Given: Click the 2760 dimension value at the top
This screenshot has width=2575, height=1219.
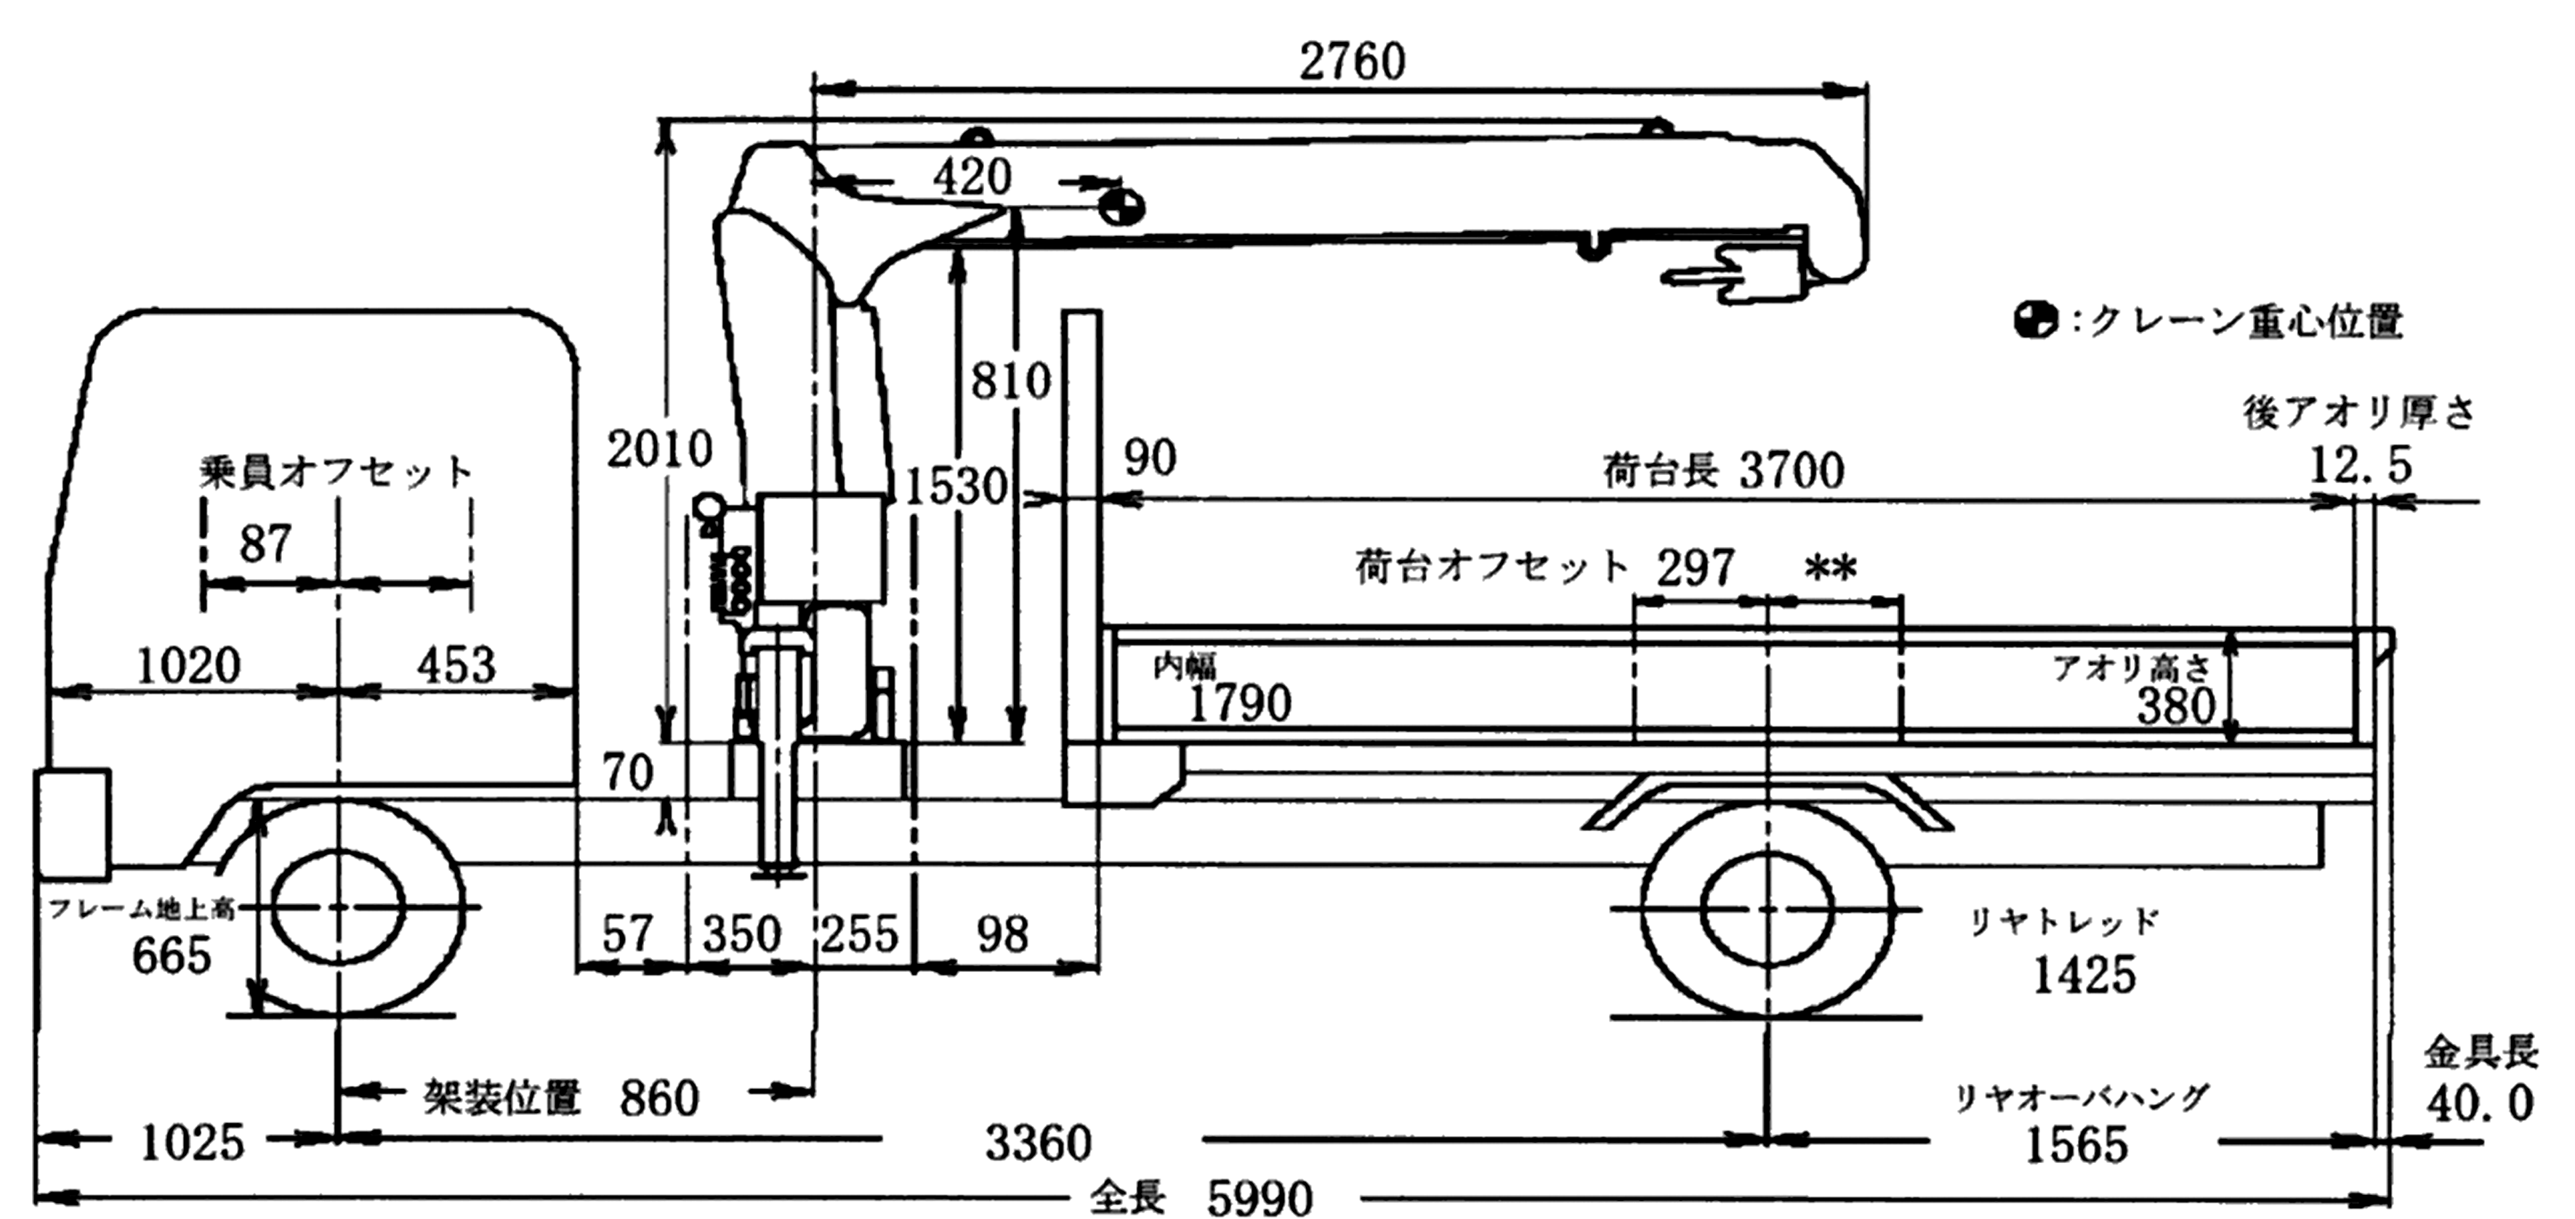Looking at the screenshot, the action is click(x=1353, y=62).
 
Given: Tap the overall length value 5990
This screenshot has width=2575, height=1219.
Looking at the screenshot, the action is click(x=1260, y=1197).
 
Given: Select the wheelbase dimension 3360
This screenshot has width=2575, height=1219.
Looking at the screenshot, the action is click(x=1039, y=1142).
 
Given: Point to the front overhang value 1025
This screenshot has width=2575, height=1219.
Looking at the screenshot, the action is click(x=192, y=1142).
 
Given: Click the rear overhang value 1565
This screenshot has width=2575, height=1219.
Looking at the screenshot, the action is click(x=2075, y=1145).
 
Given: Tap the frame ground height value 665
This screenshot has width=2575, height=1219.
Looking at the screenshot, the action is click(x=172, y=955).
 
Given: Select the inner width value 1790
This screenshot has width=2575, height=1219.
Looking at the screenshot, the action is click(x=1239, y=703).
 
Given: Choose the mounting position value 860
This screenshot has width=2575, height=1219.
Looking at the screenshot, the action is click(x=658, y=1099).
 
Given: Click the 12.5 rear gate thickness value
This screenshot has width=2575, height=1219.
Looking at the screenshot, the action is click(x=2361, y=466).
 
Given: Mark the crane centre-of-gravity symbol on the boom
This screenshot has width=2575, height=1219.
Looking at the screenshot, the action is click(x=1119, y=208).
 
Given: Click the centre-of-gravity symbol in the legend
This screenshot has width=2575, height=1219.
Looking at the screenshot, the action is click(x=2035, y=321).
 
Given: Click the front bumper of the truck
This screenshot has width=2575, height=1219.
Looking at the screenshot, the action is click(x=72, y=823).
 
